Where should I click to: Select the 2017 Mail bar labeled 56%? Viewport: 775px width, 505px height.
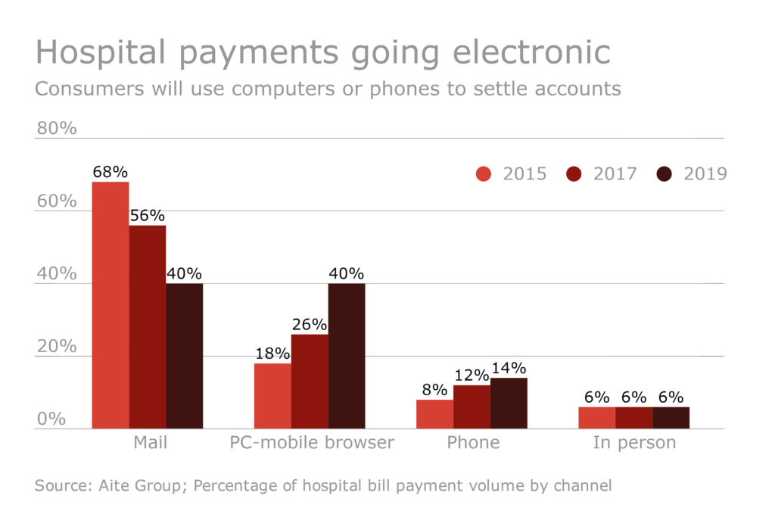click(148, 327)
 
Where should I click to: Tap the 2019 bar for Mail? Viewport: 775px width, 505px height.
click(185, 356)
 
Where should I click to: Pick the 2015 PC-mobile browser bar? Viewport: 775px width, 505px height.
click(272, 396)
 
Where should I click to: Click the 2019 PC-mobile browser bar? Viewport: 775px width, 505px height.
click(347, 356)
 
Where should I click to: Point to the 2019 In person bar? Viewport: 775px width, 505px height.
click(671, 417)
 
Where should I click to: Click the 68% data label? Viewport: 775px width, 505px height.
click(110, 172)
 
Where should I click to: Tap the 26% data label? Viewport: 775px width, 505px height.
click(310, 324)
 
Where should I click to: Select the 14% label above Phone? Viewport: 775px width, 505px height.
click(509, 368)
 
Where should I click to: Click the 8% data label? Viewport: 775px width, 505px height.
click(434, 390)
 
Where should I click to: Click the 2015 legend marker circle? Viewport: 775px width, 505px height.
click(484, 174)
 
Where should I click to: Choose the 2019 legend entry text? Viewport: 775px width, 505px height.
click(705, 174)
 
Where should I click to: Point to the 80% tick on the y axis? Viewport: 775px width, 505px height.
click(57, 129)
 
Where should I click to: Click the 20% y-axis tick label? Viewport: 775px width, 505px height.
click(57, 346)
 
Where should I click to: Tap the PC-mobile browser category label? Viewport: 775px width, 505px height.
click(312, 443)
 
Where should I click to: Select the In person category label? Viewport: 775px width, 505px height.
click(634, 443)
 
